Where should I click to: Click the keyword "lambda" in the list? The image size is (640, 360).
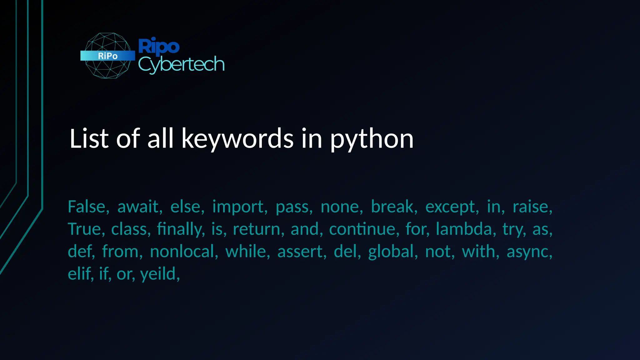click(x=464, y=229)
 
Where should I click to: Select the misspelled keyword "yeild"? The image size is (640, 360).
click(x=158, y=274)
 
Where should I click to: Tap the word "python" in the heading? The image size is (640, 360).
click(x=372, y=139)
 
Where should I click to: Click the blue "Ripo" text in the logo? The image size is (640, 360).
click(x=159, y=47)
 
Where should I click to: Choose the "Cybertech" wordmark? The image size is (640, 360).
click(x=181, y=65)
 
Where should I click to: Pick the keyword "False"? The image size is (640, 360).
click(x=87, y=207)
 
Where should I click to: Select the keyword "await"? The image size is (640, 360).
click(x=138, y=207)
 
